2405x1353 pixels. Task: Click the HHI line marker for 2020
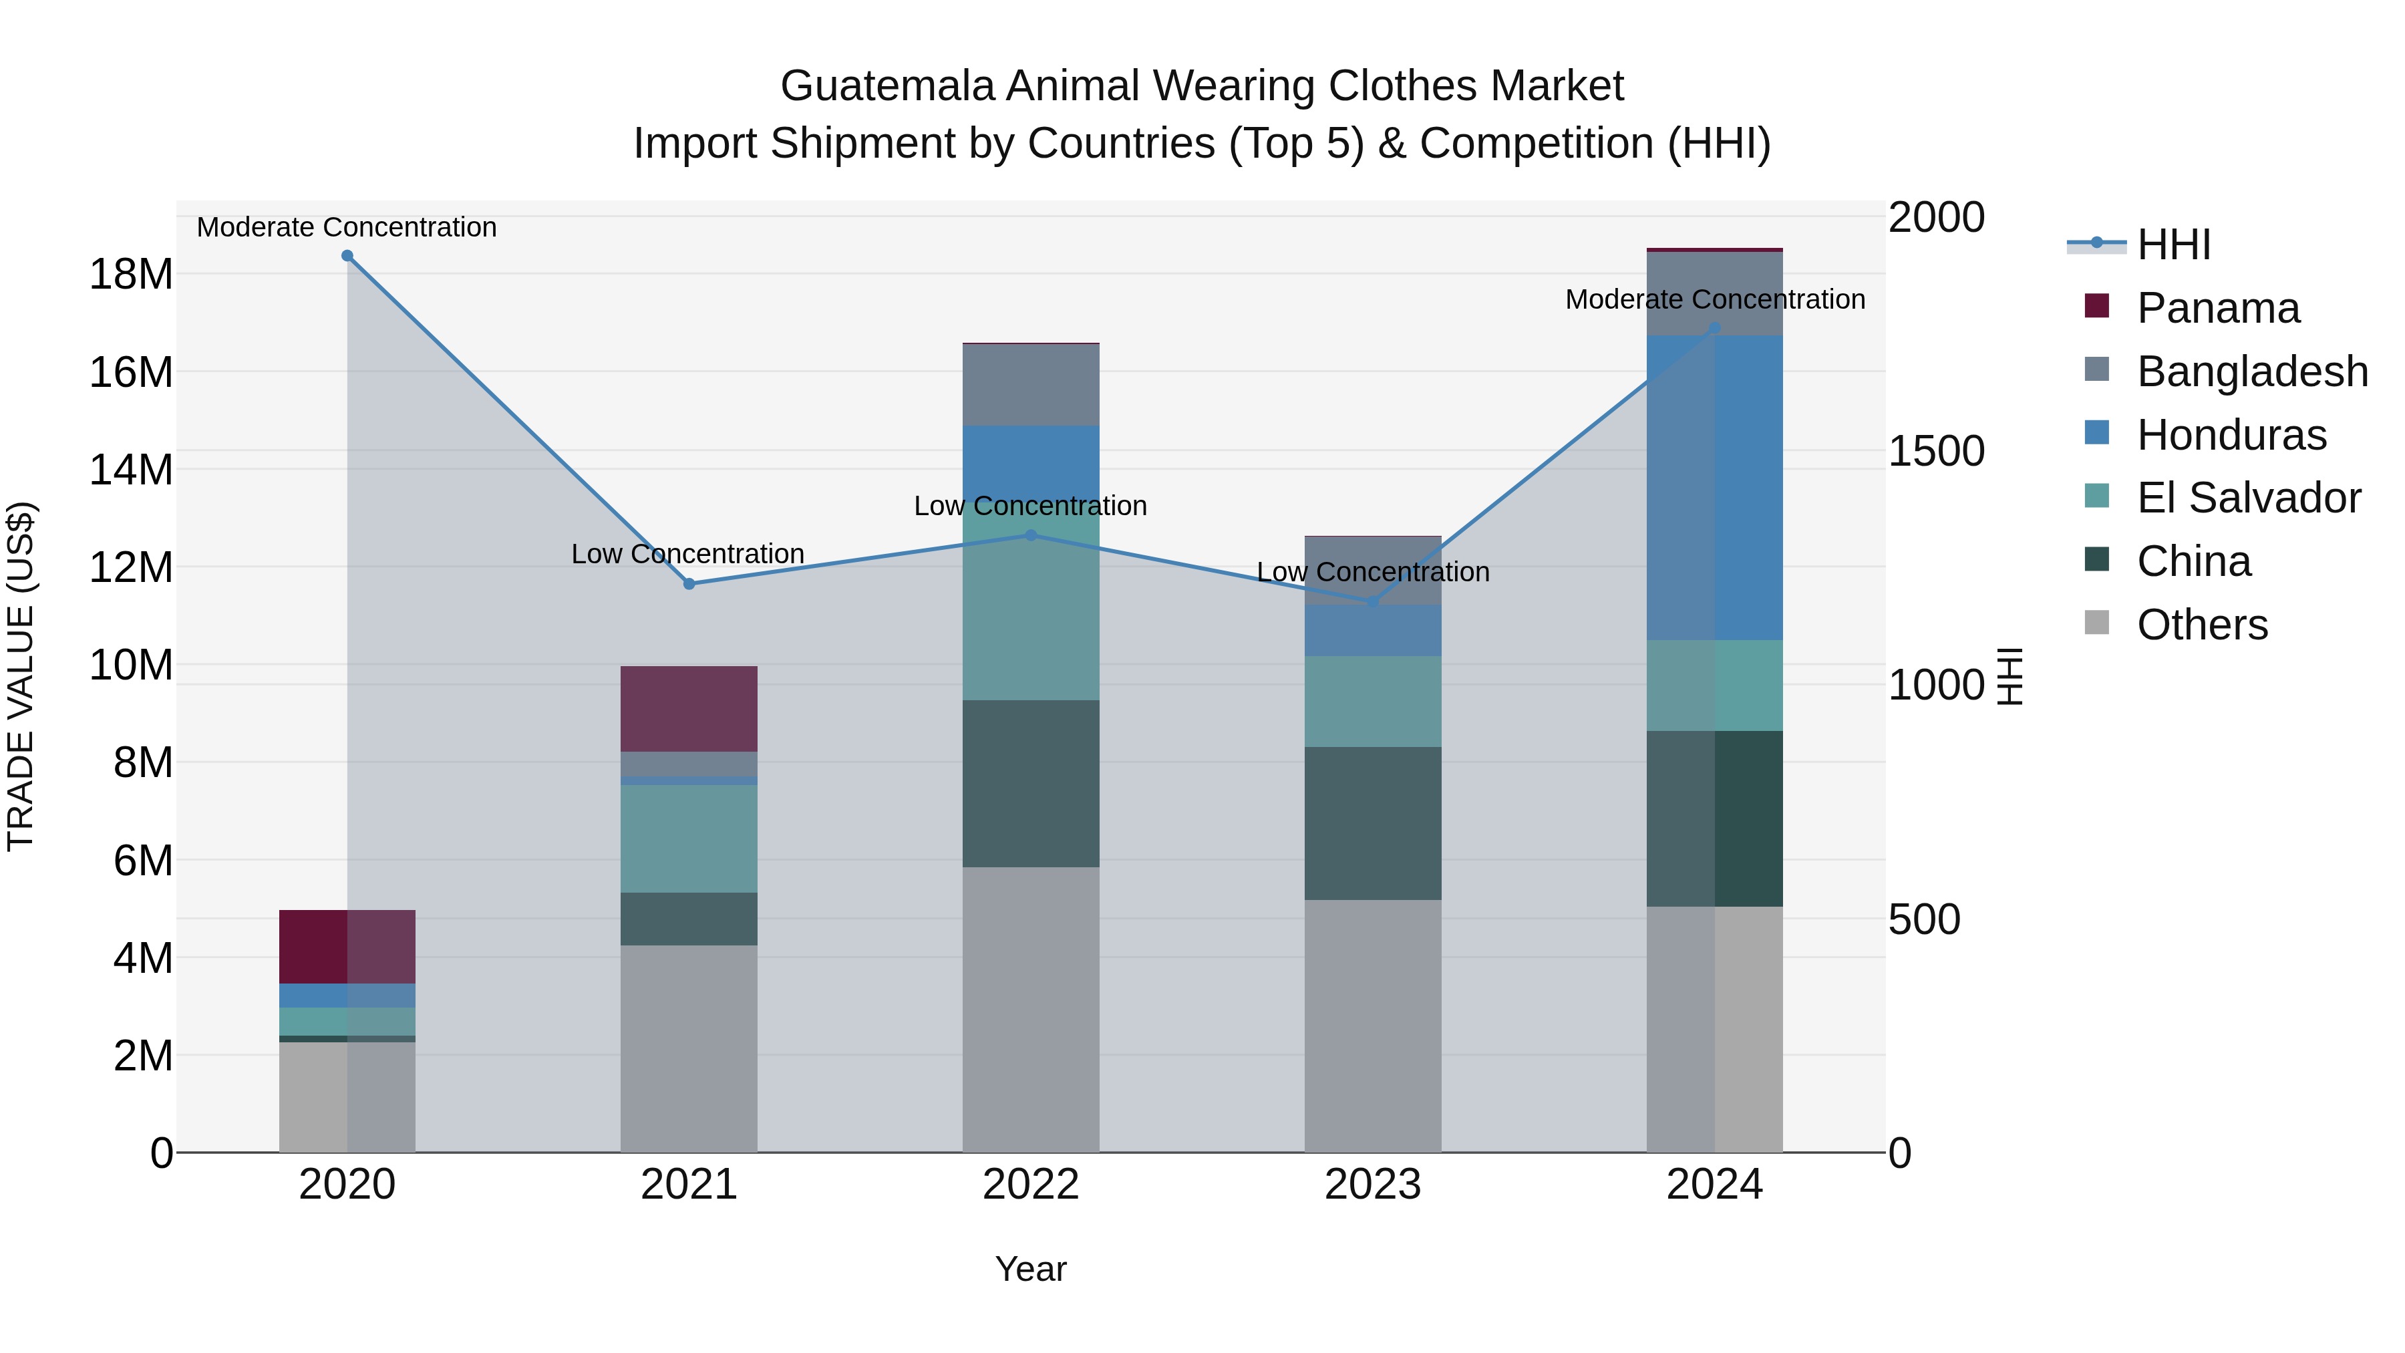tap(347, 256)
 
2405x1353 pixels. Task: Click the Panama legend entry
tap(2217, 308)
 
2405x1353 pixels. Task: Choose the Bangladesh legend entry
tap(2252, 371)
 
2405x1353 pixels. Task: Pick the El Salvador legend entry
tap(2248, 498)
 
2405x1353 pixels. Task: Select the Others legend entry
tap(2201, 625)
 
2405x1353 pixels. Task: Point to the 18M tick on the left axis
tap(131, 275)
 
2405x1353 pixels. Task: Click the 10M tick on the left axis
tap(131, 665)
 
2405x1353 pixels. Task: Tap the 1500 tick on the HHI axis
tap(1936, 451)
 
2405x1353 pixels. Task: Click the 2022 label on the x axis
tap(1031, 1185)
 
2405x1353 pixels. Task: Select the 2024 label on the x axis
tap(1714, 1185)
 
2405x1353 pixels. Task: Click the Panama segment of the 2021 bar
tap(689, 709)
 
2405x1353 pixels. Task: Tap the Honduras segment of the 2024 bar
tap(1714, 488)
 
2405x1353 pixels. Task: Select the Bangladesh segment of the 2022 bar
tap(1031, 385)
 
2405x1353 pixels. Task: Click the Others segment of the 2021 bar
tap(689, 1048)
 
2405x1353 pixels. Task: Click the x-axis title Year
tap(1031, 1269)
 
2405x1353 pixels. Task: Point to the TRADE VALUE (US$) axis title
tap(21, 676)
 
